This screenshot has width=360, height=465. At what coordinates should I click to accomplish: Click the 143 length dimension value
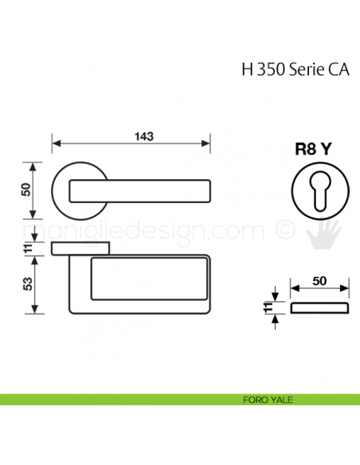click(x=143, y=136)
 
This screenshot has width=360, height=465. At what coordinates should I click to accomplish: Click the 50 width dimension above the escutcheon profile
click(x=319, y=281)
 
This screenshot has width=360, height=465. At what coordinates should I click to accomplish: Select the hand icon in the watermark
click(x=326, y=233)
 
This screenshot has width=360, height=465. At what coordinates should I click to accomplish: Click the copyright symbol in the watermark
click(x=284, y=231)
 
